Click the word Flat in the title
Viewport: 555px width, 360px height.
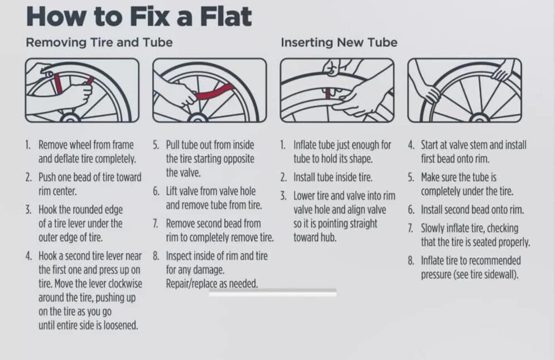tap(226, 16)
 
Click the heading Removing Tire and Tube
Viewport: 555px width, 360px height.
tap(99, 42)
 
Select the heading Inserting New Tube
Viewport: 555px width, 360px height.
tap(339, 42)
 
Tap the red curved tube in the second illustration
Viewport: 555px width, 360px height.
tap(215, 92)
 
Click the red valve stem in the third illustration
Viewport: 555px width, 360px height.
tap(328, 93)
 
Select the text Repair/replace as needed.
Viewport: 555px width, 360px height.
tap(212, 284)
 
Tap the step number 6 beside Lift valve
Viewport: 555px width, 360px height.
tap(156, 191)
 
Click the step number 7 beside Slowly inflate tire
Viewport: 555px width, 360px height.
tap(411, 228)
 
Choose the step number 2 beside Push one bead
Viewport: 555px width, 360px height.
tap(28, 177)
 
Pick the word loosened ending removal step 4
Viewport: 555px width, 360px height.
tap(120, 325)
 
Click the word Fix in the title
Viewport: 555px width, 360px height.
tap(151, 16)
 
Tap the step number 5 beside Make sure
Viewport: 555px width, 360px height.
tap(411, 177)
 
